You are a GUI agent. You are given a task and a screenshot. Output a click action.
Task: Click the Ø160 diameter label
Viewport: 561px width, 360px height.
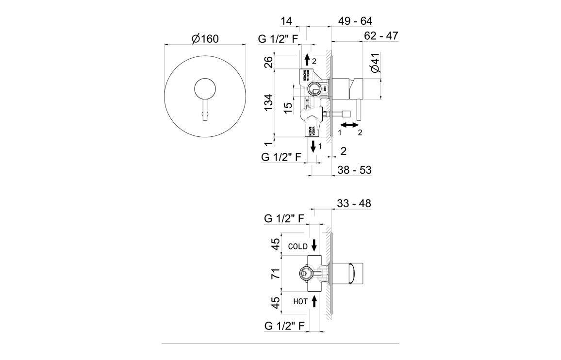point(205,39)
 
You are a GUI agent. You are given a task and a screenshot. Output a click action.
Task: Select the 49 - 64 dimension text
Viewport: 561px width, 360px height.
point(355,21)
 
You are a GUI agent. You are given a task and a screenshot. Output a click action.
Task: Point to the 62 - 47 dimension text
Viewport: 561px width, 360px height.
point(381,35)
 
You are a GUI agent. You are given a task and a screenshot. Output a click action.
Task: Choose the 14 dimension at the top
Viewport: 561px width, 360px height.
point(286,21)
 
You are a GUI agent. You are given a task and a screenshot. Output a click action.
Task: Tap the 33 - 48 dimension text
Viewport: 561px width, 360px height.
point(354,204)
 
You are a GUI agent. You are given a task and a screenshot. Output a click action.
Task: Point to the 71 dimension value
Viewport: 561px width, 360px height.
point(275,274)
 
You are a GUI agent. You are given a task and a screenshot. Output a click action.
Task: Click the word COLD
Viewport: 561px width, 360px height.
point(297,246)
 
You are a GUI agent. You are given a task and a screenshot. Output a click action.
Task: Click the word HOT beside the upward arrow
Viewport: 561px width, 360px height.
point(300,301)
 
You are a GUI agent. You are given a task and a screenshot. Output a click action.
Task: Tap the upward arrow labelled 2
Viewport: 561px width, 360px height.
point(307,60)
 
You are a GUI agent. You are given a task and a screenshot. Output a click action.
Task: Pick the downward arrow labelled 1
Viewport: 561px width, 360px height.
point(313,146)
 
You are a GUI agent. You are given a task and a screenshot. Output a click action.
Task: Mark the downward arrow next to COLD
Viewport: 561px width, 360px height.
point(314,245)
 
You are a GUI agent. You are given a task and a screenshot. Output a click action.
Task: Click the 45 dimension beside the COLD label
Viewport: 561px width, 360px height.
point(275,245)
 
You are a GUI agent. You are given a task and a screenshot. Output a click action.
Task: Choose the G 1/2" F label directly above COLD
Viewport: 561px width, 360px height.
point(284,219)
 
